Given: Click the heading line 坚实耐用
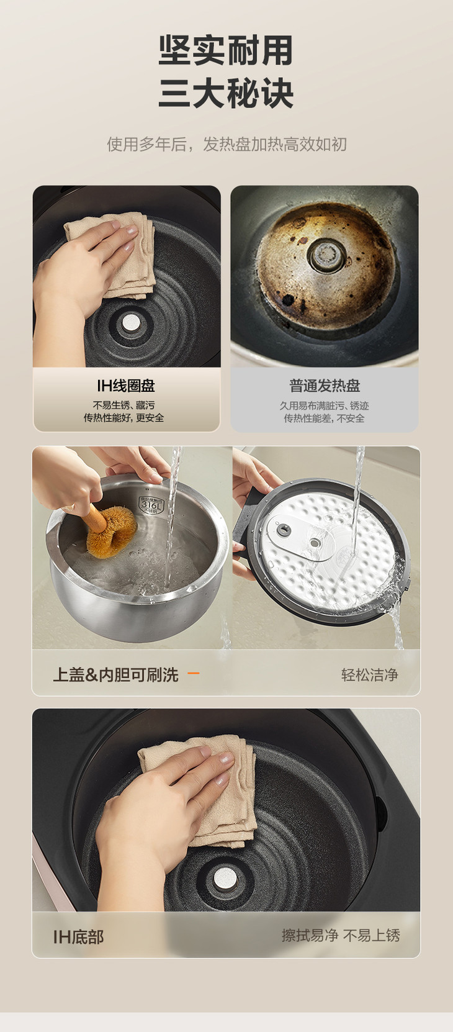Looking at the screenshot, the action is click(x=226, y=51).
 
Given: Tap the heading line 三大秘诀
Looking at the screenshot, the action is click(x=226, y=93).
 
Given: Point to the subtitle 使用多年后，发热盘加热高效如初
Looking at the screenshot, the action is click(x=226, y=144).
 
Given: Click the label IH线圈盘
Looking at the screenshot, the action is click(x=126, y=386).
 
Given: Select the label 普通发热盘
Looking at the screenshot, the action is click(x=325, y=386).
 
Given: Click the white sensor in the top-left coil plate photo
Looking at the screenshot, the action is click(x=129, y=323).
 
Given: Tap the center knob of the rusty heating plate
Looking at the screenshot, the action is click(x=326, y=254).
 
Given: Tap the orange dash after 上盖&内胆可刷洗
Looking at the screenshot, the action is click(x=194, y=674).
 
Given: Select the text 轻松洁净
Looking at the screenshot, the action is click(x=370, y=675).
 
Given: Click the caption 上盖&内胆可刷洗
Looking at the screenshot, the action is click(x=115, y=675).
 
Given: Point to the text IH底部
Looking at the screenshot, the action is click(x=78, y=937).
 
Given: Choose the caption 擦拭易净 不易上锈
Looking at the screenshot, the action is click(x=341, y=936).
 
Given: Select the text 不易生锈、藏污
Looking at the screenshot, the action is click(x=124, y=405).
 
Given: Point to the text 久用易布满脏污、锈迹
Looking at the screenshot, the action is click(x=324, y=405).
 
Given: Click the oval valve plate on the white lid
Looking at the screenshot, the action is click(x=299, y=536).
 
